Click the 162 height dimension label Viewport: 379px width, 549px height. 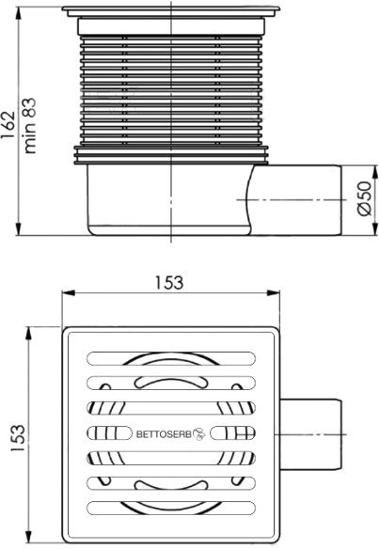pos(8,125)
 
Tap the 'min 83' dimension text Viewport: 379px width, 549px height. pos(30,126)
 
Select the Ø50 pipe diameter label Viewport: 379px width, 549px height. pos(364,199)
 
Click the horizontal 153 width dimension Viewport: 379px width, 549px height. pos(169,283)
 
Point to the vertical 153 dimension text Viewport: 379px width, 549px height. pos(18,438)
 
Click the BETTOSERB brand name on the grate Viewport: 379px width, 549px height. pos(164,434)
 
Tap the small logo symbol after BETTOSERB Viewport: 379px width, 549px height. pos(199,433)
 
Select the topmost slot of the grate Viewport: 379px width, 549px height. pos(171,358)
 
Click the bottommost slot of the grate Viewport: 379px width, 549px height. pos(171,509)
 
